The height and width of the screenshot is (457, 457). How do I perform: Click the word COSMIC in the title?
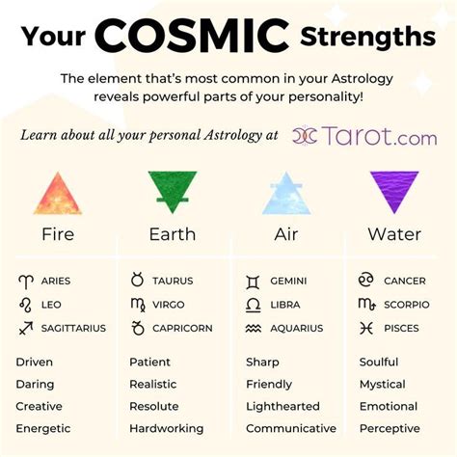click(x=192, y=36)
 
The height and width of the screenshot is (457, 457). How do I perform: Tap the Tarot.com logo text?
click(x=379, y=136)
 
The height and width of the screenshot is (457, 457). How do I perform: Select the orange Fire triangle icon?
click(x=58, y=193)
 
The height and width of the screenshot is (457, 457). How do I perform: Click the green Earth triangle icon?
click(x=173, y=192)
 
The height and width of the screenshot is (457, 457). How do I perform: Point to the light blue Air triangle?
click(x=286, y=193)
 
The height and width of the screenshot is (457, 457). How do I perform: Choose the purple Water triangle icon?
click(x=394, y=192)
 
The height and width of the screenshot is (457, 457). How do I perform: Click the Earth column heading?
click(x=173, y=234)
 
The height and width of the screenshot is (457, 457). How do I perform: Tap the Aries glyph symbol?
click(x=26, y=282)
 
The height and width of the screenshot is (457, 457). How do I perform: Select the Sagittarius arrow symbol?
click(x=26, y=328)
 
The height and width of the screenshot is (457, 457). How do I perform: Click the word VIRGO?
click(x=169, y=305)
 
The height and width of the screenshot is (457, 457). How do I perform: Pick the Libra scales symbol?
click(x=253, y=305)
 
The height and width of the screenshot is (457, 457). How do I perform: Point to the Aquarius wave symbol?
click(x=254, y=328)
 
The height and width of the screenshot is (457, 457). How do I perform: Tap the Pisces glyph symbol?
click(x=366, y=328)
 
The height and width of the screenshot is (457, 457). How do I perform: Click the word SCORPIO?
click(x=407, y=305)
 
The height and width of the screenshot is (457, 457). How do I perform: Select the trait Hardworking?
click(x=167, y=429)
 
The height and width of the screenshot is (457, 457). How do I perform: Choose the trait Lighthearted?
click(x=282, y=407)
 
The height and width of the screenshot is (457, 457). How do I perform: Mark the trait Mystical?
click(x=383, y=385)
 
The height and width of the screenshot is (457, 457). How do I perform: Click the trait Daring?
click(x=35, y=385)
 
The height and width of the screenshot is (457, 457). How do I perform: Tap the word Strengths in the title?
click(x=368, y=37)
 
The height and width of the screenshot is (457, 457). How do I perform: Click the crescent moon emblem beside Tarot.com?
click(x=305, y=135)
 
